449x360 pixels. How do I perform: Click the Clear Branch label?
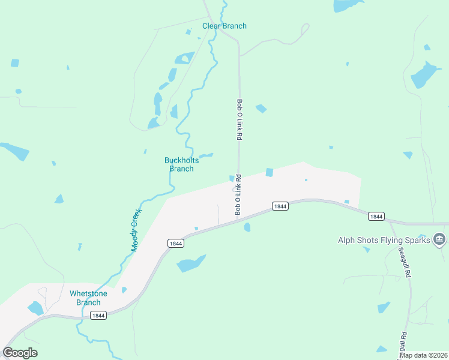click(x=224, y=26)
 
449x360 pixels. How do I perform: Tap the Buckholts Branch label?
click(x=181, y=164)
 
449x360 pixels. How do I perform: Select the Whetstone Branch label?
click(x=88, y=298)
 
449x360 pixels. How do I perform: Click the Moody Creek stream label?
click(x=135, y=230)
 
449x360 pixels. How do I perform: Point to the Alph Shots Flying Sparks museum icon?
click(x=439, y=240)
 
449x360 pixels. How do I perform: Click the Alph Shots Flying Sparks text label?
click(x=384, y=240)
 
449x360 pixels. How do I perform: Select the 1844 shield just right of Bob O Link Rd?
click(x=280, y=206)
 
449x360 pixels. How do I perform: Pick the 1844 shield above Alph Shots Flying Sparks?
click(x=376, y=216)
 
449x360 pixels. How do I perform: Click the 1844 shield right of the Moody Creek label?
click(x=175, y=243)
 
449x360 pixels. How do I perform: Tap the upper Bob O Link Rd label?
click(x=239, y=119)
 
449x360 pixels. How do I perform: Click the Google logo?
click(x=20, y=353)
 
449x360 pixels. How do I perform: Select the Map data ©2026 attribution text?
click(x=423, y=355)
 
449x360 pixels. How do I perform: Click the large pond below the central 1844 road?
click(x=191, y=263)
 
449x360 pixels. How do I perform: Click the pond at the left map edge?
click(x=14, y=151)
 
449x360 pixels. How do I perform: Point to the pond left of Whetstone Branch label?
click(x=35, y=308)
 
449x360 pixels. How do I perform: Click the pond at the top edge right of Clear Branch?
click(x=347, y=5)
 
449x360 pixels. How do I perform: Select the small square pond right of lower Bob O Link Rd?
click(x=270, y=173)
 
